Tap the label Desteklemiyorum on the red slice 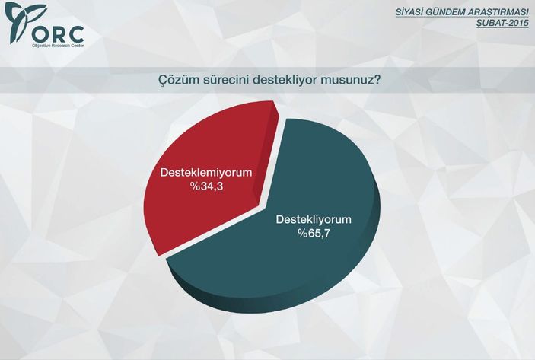205,174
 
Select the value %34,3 205,186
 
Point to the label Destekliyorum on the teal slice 314,220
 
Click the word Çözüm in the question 177,79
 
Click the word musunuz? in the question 354,79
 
